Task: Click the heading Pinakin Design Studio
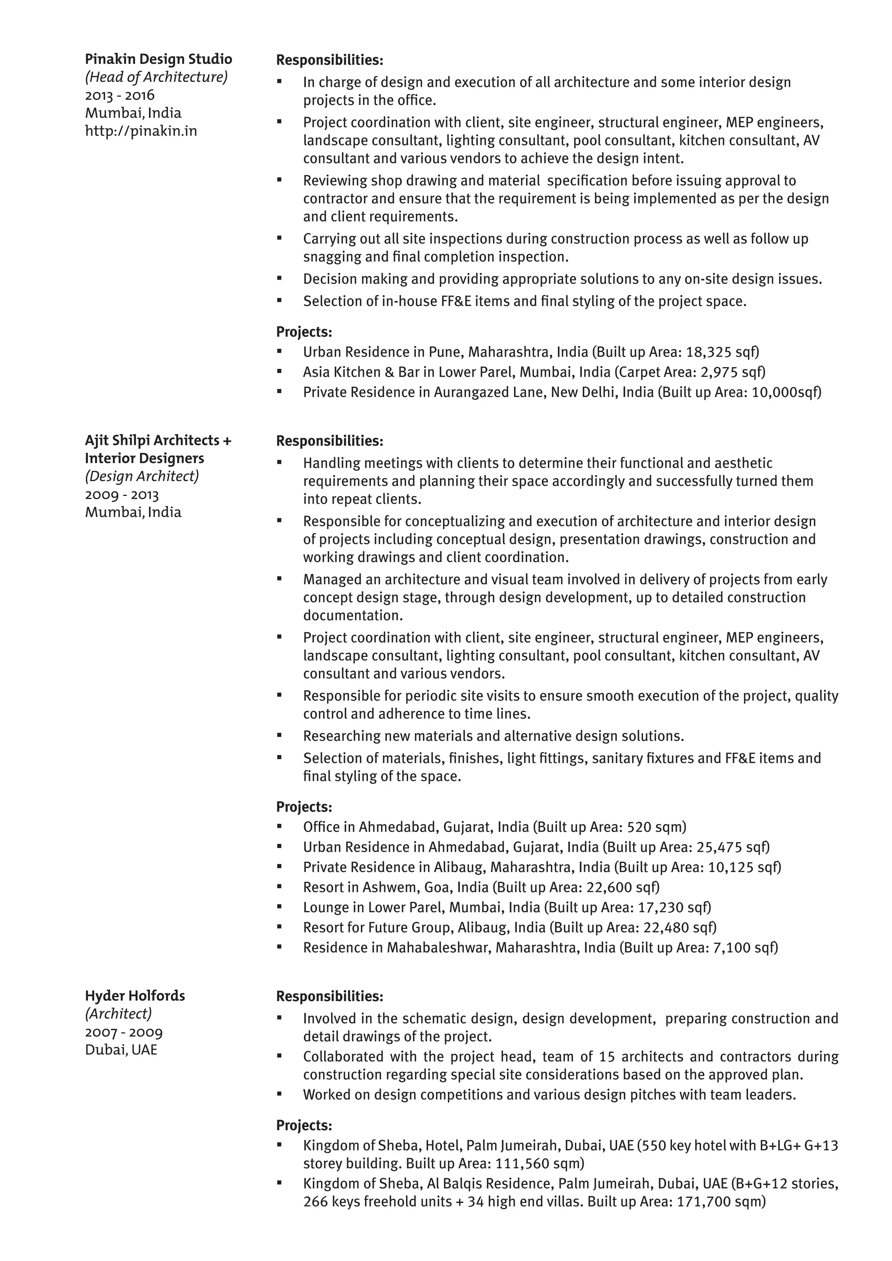pyautogui.click(x=158, y=59)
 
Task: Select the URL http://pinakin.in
pyautogui.click(x=141, y=131)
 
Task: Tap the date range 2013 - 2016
pyautogui.click(x=120, y=95)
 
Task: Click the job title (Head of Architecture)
pyautogui.click(x=156, y=78)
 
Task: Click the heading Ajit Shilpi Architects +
pyautogui.click(x=158, y=441)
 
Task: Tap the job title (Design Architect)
pyautogui.click(x=142, y=476)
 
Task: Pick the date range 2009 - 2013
pyautogui.click(x=122, y=495)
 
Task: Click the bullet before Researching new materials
pyautogui.click(x=280, y=735)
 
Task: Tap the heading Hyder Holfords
pyautogui.click(x=135, y=996)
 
